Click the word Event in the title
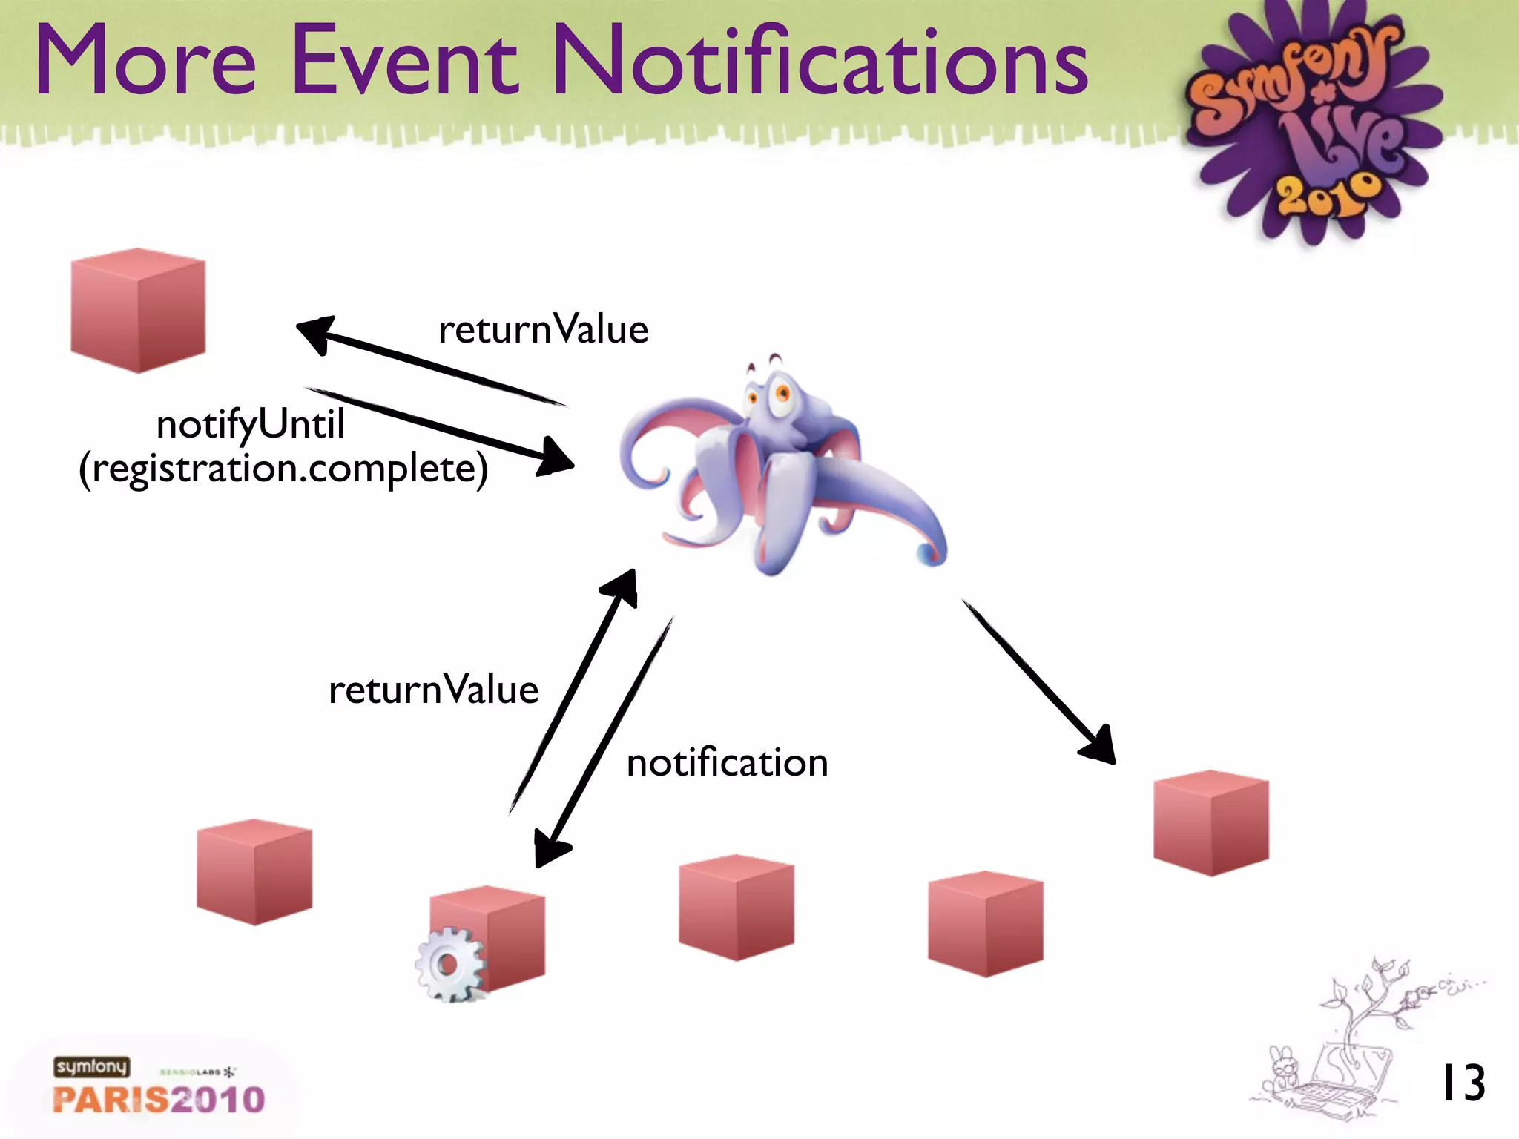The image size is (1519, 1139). pyautogui.click(x=405, y=61)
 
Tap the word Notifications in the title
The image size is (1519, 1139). pyautogui.click(x=820, y=61)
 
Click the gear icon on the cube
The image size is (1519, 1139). pyautogui.click(x=449, y=965)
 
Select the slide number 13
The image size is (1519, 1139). pyautogui.click(x=1462, y=1083)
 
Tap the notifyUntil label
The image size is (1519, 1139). pyautogui.click(x=250, y=425)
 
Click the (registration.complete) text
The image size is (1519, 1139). pyautogui.click(x=283, y=469)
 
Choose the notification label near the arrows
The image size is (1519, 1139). pyautogui.click(x=727, y=763)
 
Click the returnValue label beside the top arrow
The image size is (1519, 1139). pyautogui.click(x=543, y=329)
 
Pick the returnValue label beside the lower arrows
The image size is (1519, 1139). pyautogui.click(x=433, y=690)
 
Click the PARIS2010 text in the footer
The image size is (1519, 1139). pyautogui.click(x=159, y=1100)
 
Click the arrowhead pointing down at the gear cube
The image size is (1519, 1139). pyautogui.click(x=550, y=849)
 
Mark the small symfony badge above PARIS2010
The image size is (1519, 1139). pyautogui.click(x=91, y=1066)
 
